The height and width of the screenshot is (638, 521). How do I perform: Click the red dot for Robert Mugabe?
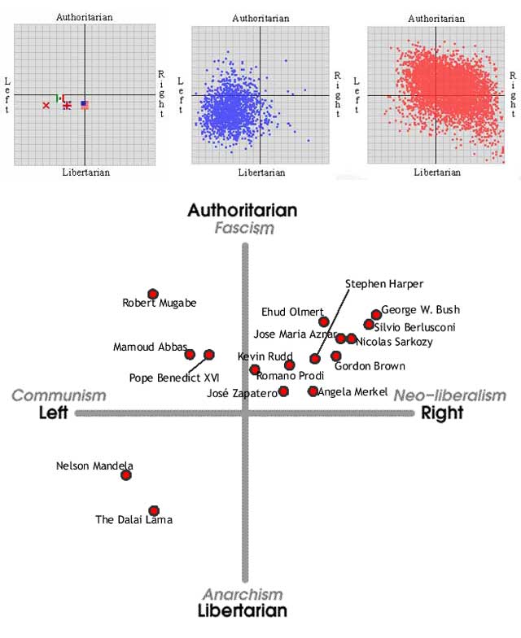152,294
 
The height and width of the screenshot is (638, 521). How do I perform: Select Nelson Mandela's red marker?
126,474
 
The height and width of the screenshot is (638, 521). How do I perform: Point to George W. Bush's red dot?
376,314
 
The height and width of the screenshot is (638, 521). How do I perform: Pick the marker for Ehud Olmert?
324,321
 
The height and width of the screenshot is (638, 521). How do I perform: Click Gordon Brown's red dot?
336,356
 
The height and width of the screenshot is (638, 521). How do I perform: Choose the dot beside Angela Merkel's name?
313,391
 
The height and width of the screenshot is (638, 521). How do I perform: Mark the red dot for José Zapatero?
283,391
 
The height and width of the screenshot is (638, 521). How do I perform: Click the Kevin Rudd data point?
255,369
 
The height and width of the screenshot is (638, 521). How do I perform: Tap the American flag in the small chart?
85,105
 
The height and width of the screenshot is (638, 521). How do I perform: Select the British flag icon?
67,105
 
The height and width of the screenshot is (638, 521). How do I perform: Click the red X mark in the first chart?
46,106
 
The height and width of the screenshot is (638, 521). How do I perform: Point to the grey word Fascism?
244,228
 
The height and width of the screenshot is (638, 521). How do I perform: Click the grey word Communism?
59,395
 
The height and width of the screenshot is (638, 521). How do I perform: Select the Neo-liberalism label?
450,395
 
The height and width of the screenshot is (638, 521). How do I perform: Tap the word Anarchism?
243,595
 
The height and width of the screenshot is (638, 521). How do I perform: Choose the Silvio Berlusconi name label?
414,327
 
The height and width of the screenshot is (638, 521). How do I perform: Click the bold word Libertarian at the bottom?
243,611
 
